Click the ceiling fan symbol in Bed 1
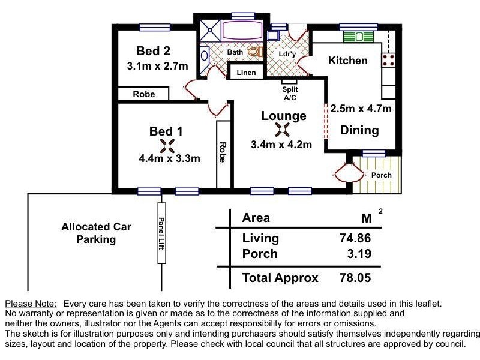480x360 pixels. tap(167, 146)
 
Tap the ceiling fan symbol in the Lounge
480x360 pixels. tap(282, 130)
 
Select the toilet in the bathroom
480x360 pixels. tap(256, 52)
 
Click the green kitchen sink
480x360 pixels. tap(359, 37)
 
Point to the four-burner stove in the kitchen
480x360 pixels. tap(388, 60)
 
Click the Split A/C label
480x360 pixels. tap(290, 94)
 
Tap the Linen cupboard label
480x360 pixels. tap(246, 73)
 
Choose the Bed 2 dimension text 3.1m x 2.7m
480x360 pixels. tap(157, 66)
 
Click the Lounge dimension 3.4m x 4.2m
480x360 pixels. tap(281, 145)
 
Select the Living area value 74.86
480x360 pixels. tap(355, 238)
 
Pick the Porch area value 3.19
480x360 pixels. tap(359, 253)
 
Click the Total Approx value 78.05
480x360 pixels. tap(355, 278)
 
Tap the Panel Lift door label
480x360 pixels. tap(161, 233)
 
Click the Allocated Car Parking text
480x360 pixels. tap(96, 233)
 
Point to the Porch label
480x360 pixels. tap(382, 175)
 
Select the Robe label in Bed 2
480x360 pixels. tap(144, 94)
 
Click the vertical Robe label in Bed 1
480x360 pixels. tap(223, 152)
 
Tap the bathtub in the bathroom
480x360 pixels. tap(242, 30)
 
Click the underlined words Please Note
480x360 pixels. tap(31, 304)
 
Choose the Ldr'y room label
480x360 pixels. tap(287, 54)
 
